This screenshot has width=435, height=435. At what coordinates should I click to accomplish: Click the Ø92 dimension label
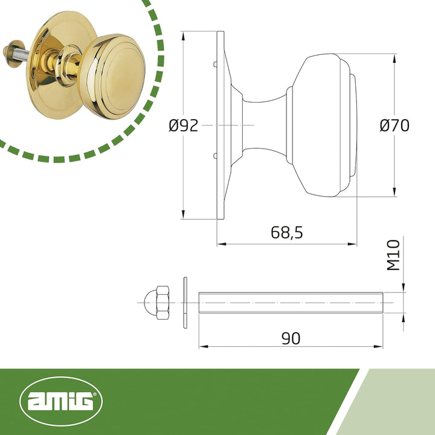(x=184, y=126)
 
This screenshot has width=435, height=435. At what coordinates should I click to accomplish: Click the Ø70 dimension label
(x=394, y=125)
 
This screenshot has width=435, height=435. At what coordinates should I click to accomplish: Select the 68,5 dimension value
(x=286, y=233)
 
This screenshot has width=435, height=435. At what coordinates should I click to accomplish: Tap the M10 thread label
(x=393, y=255)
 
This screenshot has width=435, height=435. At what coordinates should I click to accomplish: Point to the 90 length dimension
(x=291, y=338)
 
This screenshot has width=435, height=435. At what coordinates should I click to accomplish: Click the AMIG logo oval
(x=61, y=401)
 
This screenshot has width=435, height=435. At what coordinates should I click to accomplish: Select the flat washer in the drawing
(x=185, y=303)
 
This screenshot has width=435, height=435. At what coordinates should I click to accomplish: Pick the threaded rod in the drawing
(x=291, y=303)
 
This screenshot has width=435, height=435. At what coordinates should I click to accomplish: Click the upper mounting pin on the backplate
(x=215, y=64)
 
